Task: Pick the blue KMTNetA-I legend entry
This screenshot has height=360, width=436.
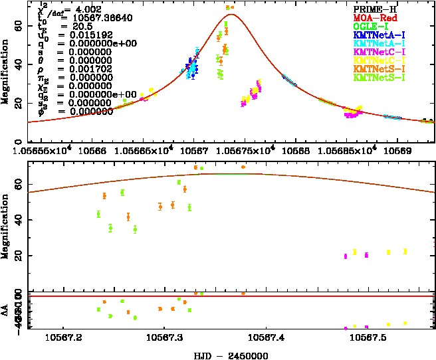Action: [x=381, y=34]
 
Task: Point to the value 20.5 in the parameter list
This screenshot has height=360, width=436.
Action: [x=73, y=26]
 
